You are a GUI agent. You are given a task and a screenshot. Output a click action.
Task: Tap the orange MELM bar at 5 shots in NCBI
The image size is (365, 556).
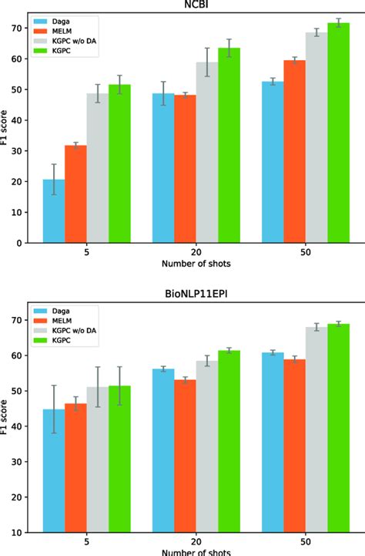click(x=75, y=194)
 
